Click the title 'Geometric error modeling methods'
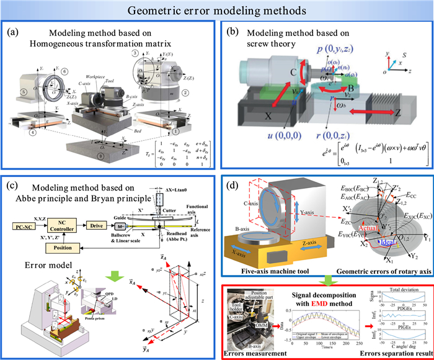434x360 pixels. click(x=217, y=10)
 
